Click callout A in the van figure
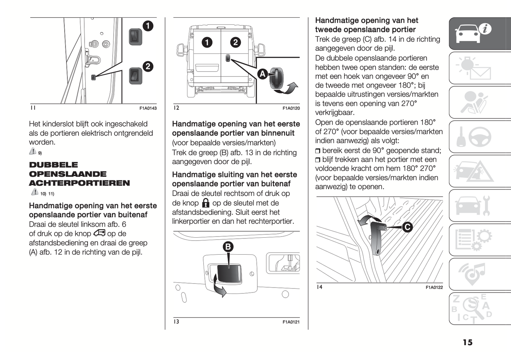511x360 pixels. click(x=262, y=74)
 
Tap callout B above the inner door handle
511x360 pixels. click(x=228, y=246)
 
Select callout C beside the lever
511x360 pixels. click(x=407, y=227)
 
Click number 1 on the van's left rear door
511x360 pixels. click(x=207, y=42)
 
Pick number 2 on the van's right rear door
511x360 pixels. click(x=236, y=42)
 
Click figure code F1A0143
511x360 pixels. click(x=148, y=108)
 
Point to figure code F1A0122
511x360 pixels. click(x=434, y=288)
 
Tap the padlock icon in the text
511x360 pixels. click(x=205, y=203)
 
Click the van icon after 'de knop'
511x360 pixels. click(x=99, y=233)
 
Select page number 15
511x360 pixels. click(x=468, y=342)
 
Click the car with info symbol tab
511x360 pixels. click(x=474, y=33)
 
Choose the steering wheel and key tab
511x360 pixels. click(x=474, y=137)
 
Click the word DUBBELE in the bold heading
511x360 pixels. click(x=53, y=165)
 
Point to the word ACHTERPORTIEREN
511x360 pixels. click(x=79, y=183)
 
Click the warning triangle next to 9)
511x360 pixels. click(x=33, y=152)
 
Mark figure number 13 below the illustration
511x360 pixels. click(x=176, y=321)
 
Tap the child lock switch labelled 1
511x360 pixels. click(x=135, y=36)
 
